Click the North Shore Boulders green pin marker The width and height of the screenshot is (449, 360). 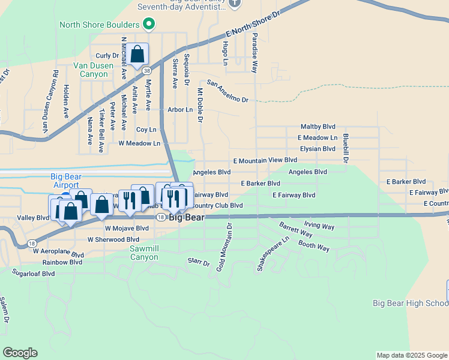coord(149,25)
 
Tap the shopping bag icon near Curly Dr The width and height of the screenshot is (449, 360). coord(137,55)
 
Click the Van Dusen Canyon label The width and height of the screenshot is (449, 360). coord(91,70)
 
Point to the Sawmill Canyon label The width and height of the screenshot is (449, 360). coord(144,253)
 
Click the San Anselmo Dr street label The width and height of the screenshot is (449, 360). coord(227,91)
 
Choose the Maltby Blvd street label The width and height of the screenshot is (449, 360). coord(318,127)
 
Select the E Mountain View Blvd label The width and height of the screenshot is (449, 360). coord(265,160)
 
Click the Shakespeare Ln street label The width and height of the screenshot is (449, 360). coord(265,253)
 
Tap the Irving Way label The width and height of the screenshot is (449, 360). coord(319,226)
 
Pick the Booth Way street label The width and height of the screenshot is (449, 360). coord(314,245)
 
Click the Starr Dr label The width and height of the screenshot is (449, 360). coord(199,262)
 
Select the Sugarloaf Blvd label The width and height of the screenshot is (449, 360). coord(33,273)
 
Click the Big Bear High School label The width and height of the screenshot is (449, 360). coord(411,303)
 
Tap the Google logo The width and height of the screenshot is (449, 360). coord(20,353)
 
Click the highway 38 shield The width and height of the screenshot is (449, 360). coord(147,70)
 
